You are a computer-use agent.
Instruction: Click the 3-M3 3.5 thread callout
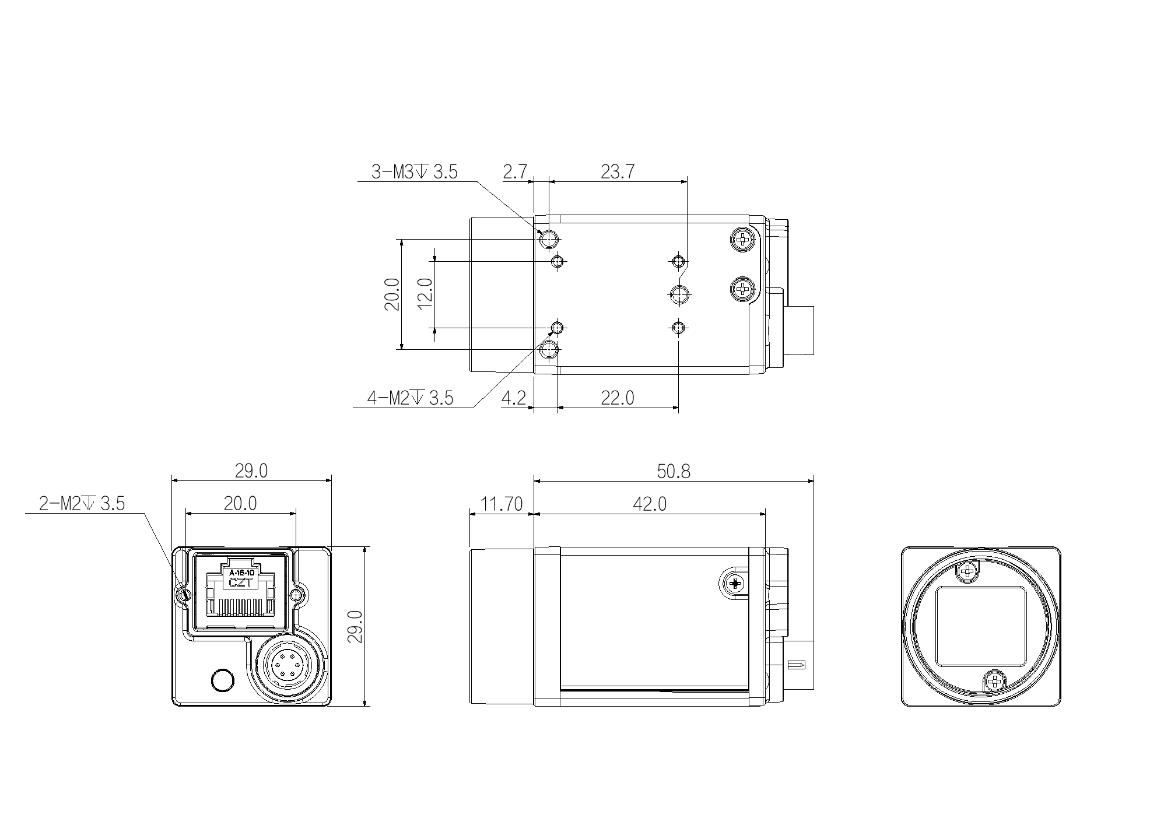[415, 172]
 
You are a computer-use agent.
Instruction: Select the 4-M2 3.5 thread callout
[410, 398]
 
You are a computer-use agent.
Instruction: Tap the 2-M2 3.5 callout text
[82, 503]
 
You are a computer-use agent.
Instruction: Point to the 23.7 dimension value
[618, 172]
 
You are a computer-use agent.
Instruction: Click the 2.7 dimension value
[515, 172]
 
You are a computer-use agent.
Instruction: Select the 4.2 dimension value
[514, 398]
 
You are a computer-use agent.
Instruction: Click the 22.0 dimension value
[618, 398]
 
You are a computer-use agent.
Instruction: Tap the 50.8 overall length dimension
[674, 471]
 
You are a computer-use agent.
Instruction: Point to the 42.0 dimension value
[650, 504]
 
